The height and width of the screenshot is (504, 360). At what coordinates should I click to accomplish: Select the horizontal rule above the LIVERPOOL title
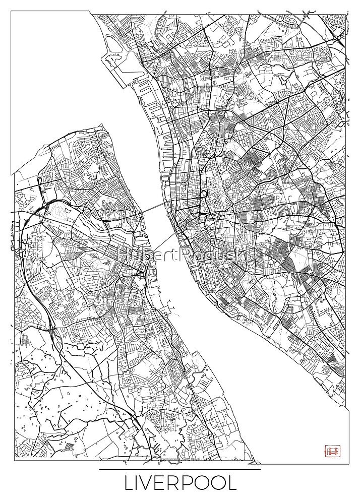(x=180, y=470)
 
